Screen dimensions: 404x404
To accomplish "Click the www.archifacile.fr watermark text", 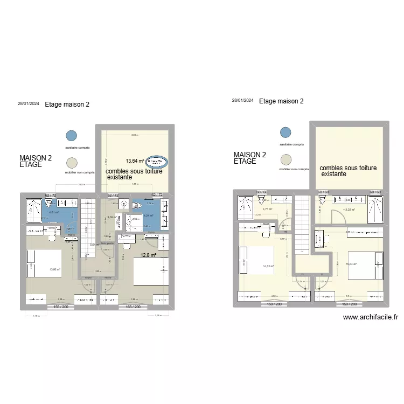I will pyautogui.click(x=371, y=318).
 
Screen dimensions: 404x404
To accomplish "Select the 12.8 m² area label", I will pyautogui.click(x=148, y=256).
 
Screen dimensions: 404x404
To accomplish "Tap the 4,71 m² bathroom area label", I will pyautogui.click(x=268, y=210).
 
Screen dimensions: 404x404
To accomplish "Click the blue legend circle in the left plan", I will pyautogui.click(x=71, y=136).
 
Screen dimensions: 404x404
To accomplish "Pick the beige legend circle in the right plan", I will pyautogui.click(x=285, y=159).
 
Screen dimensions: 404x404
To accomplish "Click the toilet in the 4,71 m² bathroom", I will pyautogui.click(x=263, y=200).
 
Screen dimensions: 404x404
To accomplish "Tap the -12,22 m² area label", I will pyautogui.click(x=350, y=210).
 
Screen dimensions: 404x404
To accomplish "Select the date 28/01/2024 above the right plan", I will pyautogui.click(x=242, y=101).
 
